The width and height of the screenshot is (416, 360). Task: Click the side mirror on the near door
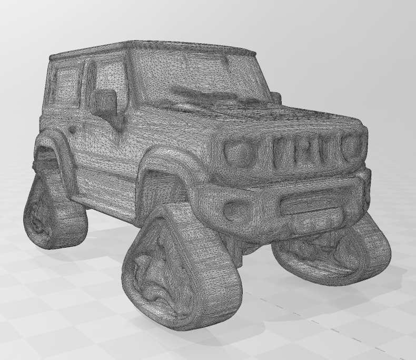104,102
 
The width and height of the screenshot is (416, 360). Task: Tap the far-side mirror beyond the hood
275,98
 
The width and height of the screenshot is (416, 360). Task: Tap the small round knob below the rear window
71,130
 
